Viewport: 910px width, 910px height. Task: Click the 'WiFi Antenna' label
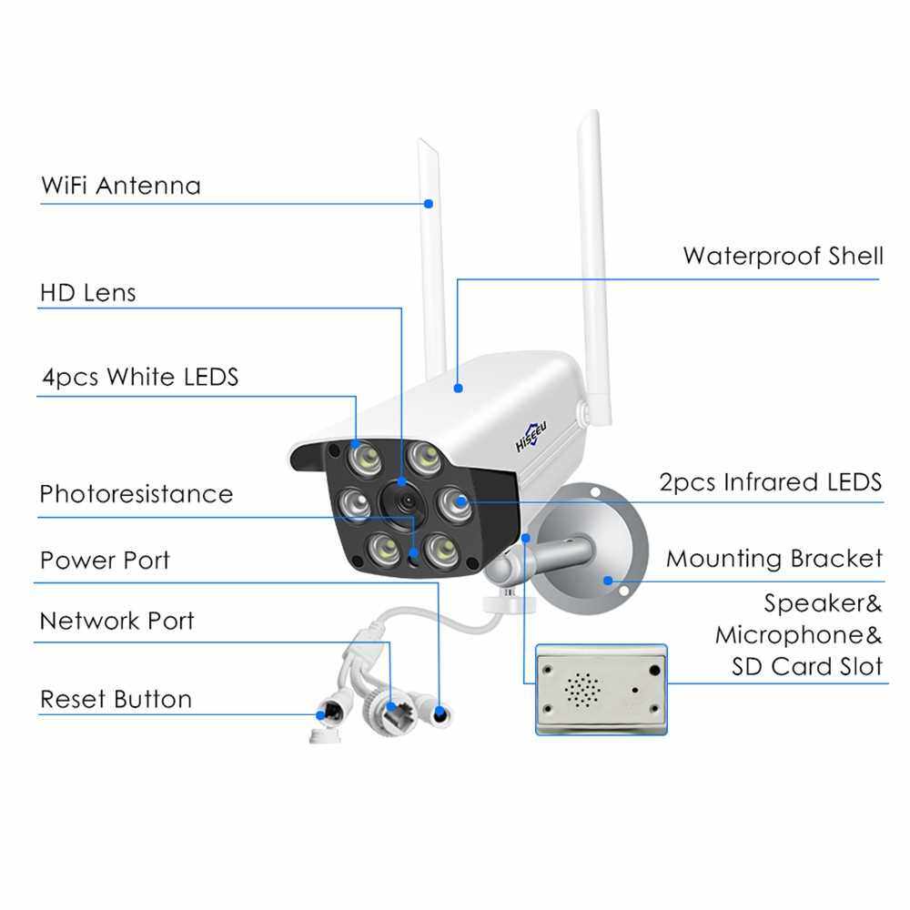pos(120,186)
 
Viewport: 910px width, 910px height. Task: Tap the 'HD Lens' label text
pos(87,293)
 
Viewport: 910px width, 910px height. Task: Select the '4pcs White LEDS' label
pos(139,377)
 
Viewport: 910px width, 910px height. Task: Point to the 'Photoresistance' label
pos(136,494)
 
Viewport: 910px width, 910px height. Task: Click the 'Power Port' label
pos(105,560)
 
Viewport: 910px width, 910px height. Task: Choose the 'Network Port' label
pos(116,622)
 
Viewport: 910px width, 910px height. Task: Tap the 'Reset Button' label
pos(116,700)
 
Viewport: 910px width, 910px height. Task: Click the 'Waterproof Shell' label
pos(783,256)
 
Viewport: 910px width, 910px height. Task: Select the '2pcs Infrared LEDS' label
pos(770,482)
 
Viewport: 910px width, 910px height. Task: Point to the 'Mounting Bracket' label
pos(773,558)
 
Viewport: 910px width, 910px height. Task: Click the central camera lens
pos(403,498)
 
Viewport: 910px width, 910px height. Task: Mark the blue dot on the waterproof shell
pos(458,389)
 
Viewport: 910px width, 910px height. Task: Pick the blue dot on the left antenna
pos(429,205)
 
